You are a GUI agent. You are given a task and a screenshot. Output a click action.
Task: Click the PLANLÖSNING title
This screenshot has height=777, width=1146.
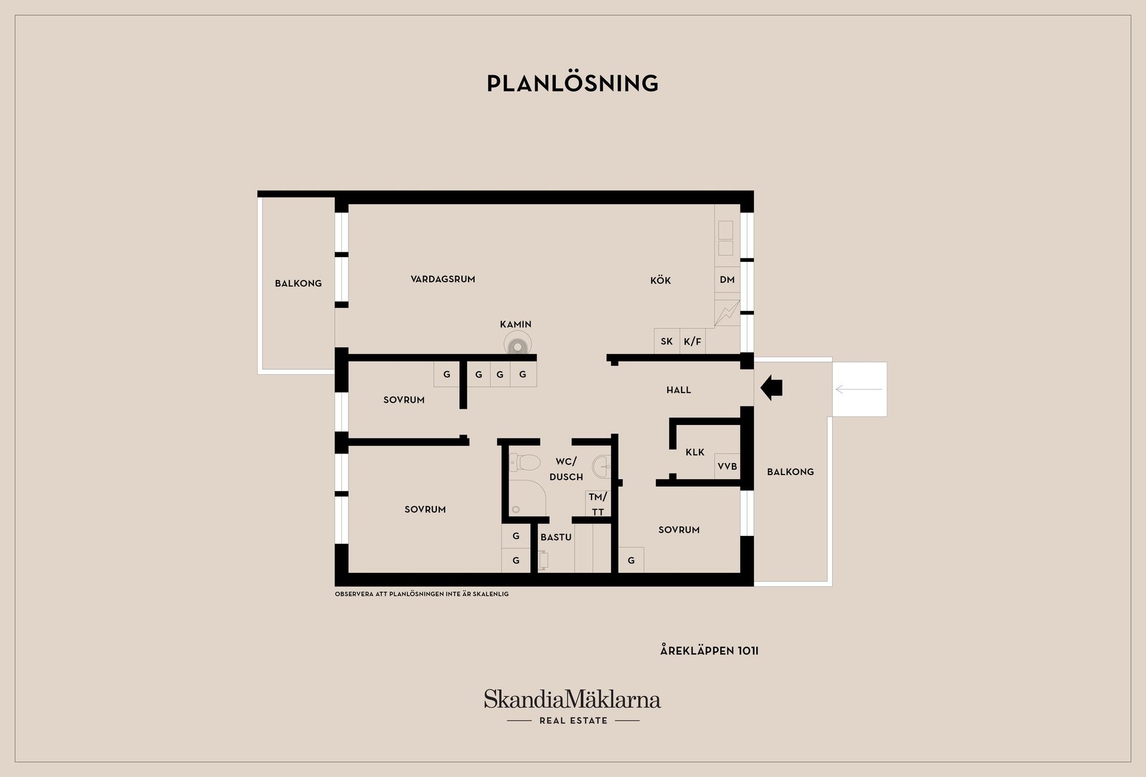(x=572, y=84)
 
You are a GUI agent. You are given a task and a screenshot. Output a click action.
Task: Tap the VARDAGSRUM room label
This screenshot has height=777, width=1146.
(x=443, y=279)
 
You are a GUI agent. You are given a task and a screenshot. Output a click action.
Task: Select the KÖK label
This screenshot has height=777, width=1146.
(x=661, y=280)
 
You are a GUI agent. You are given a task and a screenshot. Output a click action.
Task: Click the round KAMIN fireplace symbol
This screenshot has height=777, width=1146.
(x=517, y=345)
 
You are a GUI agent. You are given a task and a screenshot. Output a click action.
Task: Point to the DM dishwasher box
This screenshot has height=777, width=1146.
(x=727, y=280)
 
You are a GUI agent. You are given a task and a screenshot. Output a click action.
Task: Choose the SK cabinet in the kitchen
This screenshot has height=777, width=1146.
(x=667, y=341)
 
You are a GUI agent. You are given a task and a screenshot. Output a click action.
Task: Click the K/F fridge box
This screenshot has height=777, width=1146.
(x=693, y=341)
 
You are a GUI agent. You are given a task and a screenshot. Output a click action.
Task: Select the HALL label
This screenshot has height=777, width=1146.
(x=679, y=390)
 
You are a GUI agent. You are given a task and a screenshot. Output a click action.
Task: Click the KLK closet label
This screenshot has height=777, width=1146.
(x=695, y=452)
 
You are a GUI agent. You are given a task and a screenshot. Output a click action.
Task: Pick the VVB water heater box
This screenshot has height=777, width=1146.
(x=727, y=466)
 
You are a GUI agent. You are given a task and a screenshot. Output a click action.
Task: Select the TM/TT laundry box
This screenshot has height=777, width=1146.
(x=598, y=504)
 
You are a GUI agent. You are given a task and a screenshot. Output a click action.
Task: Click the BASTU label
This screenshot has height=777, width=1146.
(x=556, y=537)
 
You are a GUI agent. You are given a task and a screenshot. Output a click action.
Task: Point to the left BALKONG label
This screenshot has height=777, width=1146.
(x=298, y=283)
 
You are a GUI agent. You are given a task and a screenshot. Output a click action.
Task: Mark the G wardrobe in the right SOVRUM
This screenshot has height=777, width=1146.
(x=631, y=560)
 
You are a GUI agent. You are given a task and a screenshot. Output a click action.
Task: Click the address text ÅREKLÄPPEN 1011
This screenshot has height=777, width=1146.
(x=709, y=650)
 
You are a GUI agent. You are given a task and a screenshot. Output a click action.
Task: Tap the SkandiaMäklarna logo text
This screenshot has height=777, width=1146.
(x=572, y=699)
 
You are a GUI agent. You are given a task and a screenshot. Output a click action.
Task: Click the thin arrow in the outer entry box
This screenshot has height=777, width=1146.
(x=859, y=390)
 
